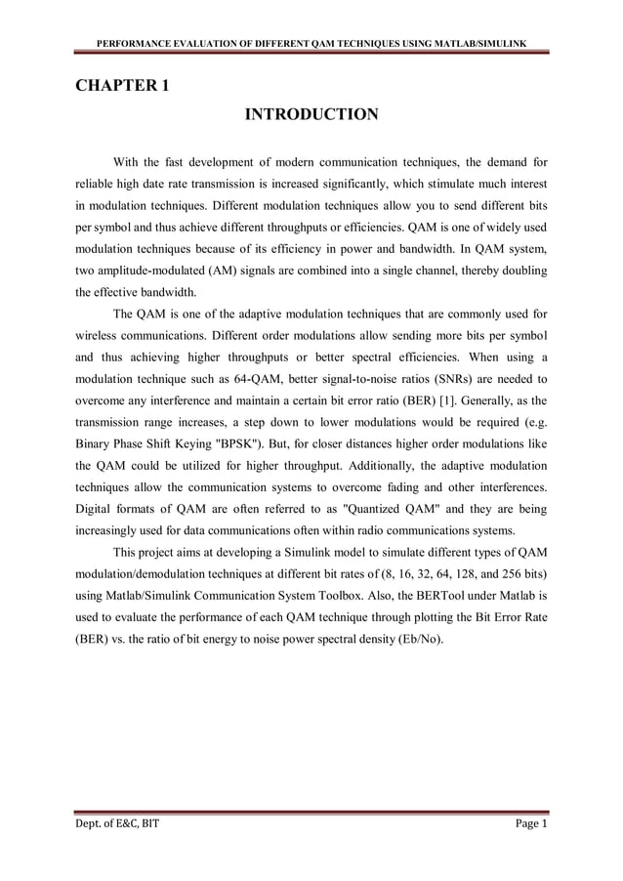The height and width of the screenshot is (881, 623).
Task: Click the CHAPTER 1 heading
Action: tap(123, 85)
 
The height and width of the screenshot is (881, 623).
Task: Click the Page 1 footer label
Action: tap(531, 824)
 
